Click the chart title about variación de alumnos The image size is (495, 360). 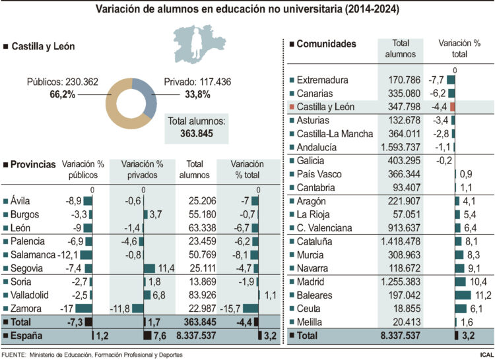coord(247,10)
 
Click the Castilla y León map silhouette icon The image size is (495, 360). coord(199,46)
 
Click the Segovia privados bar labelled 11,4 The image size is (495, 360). coord(154,268)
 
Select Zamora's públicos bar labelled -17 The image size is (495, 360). coord(84,308)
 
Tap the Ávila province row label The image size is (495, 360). coord(20,201)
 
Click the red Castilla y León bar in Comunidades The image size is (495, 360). coord(453,107)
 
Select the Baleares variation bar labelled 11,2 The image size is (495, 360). coord(462,295)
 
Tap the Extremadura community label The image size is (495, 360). coord(323,80)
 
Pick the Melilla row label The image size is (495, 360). coord(310,321)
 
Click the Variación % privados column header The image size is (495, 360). coord(143,169)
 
